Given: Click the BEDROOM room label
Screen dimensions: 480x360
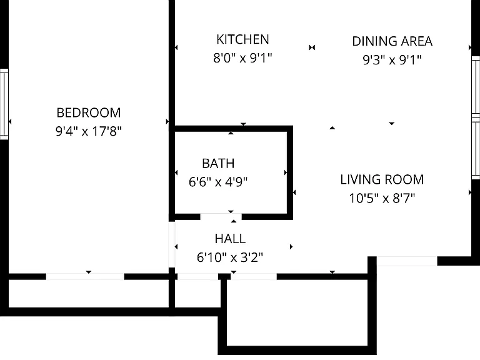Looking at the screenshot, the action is point(89,112).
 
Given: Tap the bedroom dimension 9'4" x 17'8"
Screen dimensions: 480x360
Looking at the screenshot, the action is point(89,131).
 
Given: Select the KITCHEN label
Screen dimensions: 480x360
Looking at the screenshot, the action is point(242,39).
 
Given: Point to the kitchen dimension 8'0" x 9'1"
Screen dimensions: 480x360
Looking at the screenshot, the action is point(242,57).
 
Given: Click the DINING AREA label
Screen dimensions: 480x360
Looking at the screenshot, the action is point(392,41).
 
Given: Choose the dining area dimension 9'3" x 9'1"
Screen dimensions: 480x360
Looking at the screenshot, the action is point(392,60).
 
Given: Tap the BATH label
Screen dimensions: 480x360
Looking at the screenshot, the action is point(218,164).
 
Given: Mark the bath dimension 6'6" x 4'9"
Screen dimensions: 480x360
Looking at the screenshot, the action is point(218,182).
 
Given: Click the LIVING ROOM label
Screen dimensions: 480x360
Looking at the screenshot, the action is point(382,180).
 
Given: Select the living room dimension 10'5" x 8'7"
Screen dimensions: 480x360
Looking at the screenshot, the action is point(382,198).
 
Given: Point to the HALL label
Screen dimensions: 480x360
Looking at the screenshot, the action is point(230,239).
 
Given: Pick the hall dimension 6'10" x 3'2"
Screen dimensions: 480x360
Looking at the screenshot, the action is point(230,257).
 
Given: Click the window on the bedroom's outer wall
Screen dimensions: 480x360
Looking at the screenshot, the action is point(4,104).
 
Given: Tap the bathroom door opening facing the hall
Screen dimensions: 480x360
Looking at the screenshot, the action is point(221,217).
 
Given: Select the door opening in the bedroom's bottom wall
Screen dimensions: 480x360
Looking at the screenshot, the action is point(85,276).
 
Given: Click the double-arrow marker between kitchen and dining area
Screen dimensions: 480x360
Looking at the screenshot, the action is point(312,47).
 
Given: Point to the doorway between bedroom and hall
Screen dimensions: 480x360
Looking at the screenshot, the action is point(172,244).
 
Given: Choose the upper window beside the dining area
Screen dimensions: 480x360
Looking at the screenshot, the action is point(476,87).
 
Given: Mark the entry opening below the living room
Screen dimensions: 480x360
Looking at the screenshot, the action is point(407,261).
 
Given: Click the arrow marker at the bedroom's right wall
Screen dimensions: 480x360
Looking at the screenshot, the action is point(167,121).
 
